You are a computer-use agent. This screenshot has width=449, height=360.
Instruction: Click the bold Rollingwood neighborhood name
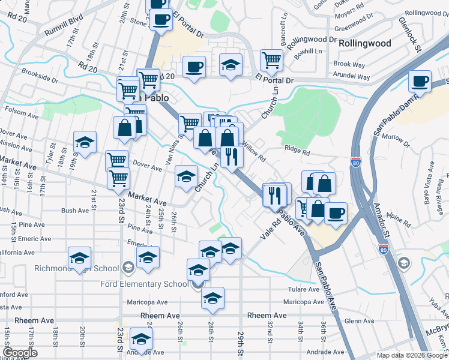[364, 43]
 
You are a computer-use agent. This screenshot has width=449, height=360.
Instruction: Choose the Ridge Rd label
[297, 153]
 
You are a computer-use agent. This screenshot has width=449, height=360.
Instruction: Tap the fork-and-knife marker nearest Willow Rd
[231, 157]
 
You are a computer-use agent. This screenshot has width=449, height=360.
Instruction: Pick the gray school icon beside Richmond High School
[128, 267]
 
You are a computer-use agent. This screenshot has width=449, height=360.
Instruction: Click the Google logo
[20, 353]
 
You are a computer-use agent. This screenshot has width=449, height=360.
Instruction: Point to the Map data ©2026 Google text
[411, 355]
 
